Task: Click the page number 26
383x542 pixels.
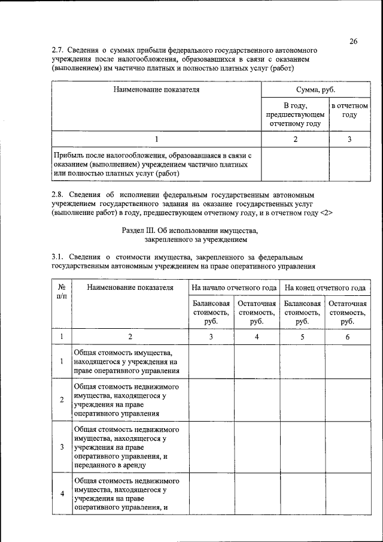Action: click(x=354, y=41)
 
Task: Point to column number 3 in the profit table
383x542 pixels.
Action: click(x=349, y=140)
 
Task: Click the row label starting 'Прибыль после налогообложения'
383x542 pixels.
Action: click(x=156, y=164)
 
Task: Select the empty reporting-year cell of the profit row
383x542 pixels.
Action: click(x=349, y=164)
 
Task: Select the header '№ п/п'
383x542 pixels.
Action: click(x=62, y=292)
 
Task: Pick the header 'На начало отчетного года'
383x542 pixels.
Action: click(x=234, y=287)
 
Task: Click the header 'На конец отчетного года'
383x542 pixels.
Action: click(x=325, y=287)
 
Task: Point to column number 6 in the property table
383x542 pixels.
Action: click(x=348, y=337)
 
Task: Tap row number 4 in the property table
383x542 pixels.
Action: click(x=62, y=493)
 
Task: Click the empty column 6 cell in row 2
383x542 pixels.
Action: click(x=348, y=399)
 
